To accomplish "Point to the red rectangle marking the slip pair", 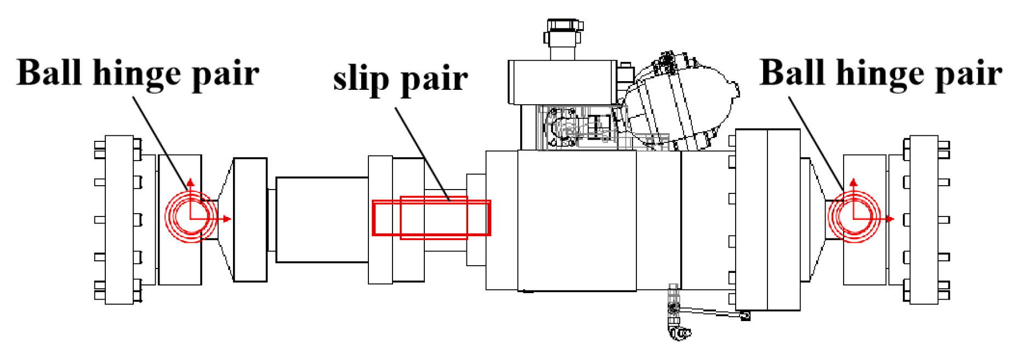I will point(431,218).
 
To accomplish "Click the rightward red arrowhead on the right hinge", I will point(890,219).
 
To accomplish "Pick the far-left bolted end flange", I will point(119,219).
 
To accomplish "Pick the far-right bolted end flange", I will point(924,219).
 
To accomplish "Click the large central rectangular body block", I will point(577,220).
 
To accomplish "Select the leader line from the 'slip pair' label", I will point(422,153).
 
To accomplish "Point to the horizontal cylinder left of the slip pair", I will point(322,220).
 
